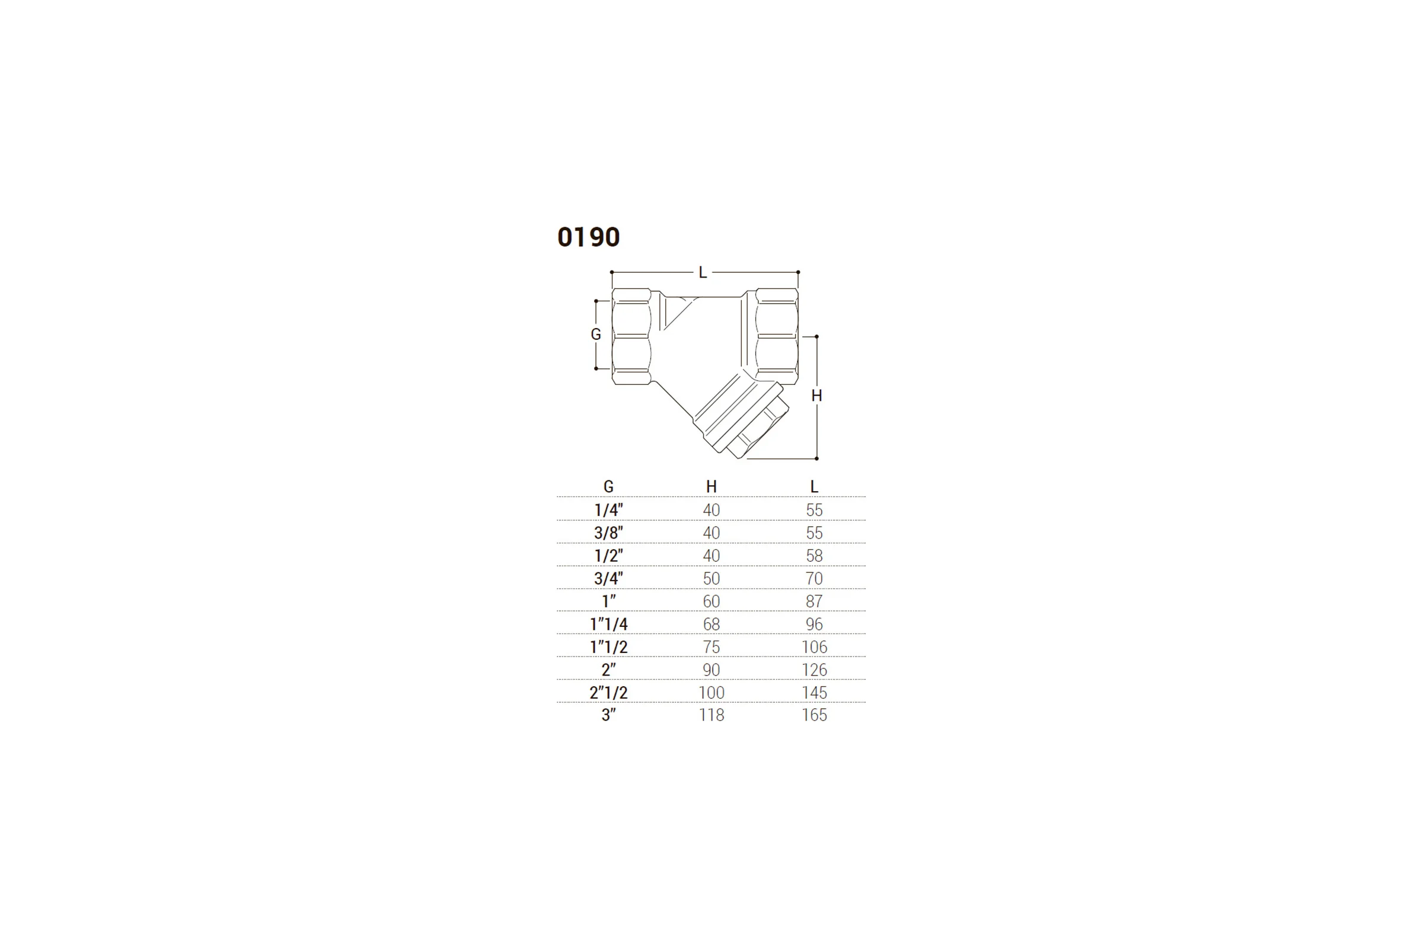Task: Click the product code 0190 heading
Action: [x=588, y=237]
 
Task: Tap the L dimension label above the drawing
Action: [x=703, y=272]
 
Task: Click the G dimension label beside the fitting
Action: [x=596, y=334]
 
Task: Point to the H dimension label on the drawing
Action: [x=816, y=396]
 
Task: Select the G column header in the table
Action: [x=609, y=486]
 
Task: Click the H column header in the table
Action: [x=711, y=486]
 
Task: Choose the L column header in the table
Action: [x=814, y=486]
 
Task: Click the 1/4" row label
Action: [x=609, y=509]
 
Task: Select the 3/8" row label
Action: [x=609, y=533]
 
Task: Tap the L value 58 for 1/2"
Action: [x=814, y=556]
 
